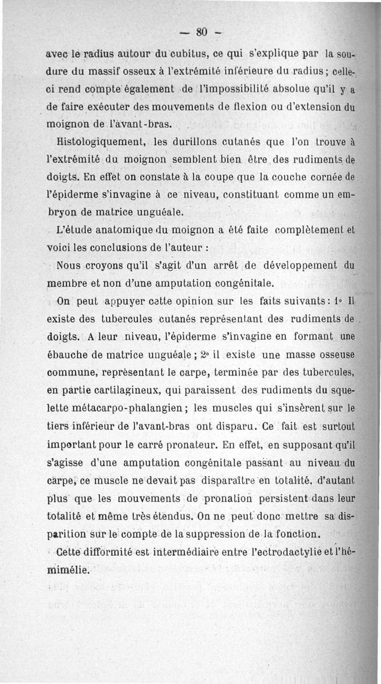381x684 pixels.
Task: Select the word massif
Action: pos(109,74)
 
